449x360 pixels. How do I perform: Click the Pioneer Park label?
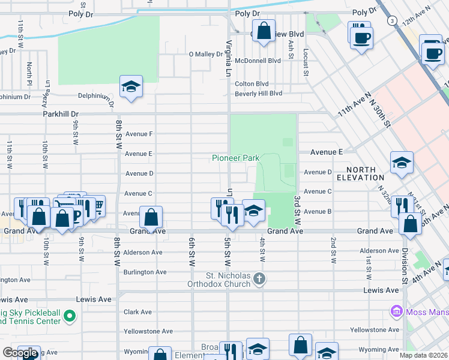coord(235,158)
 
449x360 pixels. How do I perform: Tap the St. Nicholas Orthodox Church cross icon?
coord(259,278)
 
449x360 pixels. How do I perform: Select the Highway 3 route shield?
coord(392,20)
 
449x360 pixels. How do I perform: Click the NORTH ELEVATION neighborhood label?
coord(360,173)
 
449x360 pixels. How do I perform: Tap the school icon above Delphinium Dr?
coord(130,87)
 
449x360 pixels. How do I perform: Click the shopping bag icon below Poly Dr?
coord(264,30)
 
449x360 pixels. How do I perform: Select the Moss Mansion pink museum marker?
coord(396,311)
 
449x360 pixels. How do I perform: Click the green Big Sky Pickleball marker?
coord(70,316)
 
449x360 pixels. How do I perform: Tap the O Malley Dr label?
coord(206,54)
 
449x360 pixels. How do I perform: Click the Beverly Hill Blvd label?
coord(258,94)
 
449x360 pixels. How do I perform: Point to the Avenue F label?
coord(139,134)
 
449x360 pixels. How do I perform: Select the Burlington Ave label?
coord(145,272)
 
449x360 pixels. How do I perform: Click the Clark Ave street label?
coord(137,312)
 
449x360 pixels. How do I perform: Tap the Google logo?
coord(20,353)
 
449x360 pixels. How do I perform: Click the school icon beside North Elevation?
coord(402,162)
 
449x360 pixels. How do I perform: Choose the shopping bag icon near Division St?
coord(410,224)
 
